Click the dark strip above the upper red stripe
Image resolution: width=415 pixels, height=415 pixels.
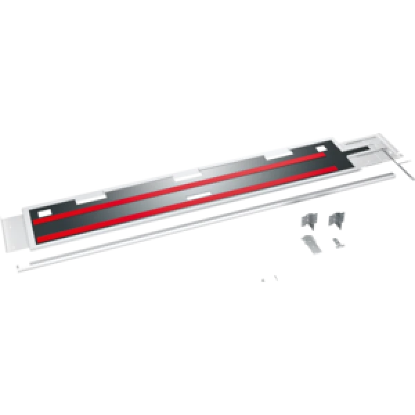(x=207, y=173)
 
